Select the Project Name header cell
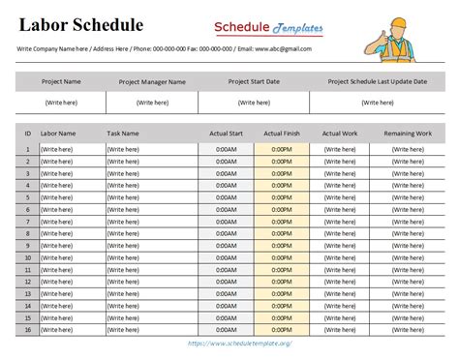(x=61, y=82)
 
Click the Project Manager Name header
(x=152, y=82)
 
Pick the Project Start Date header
(x=254, y=82)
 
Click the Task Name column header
(x=123, y=133)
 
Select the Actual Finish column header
(x=283, y=133)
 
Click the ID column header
(x=28, y=133)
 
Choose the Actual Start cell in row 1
(x=227, y=149)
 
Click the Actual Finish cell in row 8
(x=283, y=233)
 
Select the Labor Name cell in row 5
(x=59, y=197)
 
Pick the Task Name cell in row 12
(x=123, y=282)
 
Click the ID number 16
(x=28, y=330)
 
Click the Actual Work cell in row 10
(x=339, y=257)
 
